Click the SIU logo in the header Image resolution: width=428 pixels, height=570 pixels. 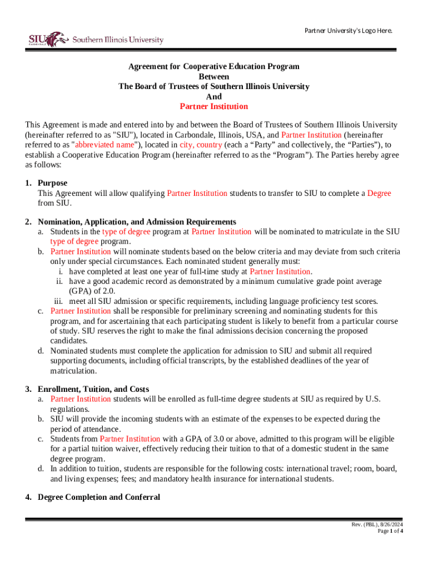pos(96,40)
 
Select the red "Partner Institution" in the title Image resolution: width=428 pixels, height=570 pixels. pos(214,106)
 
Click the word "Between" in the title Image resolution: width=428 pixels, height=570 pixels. pos(214,76)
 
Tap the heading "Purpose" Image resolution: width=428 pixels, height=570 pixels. pos(52,183)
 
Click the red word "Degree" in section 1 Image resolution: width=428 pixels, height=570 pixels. pos(379,193)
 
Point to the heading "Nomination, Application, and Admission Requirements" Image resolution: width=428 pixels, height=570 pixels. pos(137,222)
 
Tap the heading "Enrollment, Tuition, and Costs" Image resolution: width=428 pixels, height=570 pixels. pos(93,389)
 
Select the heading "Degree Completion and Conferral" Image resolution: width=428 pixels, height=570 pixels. pos(98,497)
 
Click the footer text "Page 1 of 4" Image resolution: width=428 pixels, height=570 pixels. pos(390,531)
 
